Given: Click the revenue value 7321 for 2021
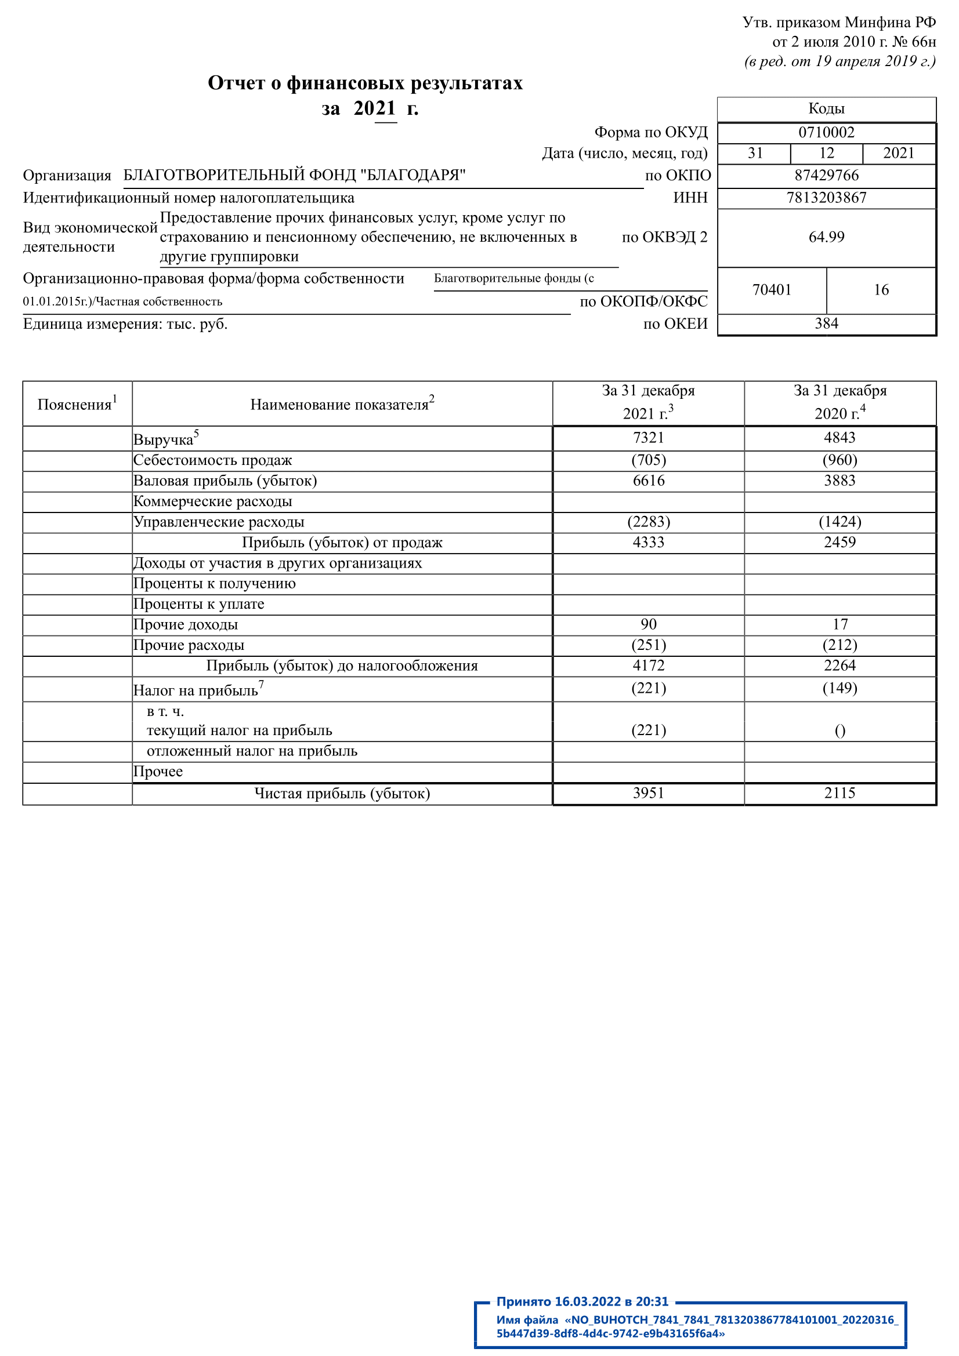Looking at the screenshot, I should pyautogui.click(x=648, y=438).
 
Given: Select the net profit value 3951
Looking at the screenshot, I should pyautogui.click(x=648, y=792).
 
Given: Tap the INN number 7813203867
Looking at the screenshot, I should pyautogui.click(x=826, y=198).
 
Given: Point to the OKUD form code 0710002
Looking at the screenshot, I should pyautogui.click(x=826, y=132).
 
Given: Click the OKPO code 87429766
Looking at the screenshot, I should pyautogui.click(x=826, y=176).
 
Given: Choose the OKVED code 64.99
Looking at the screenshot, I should pyautogui.click(x=826, y=237).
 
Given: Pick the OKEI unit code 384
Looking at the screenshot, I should pyautogui.click(x=826, y=323).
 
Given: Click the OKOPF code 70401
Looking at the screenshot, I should pyautogui.click(x=771, y=290).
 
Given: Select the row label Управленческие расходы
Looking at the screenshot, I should pyautogui.click(x=219, y=522).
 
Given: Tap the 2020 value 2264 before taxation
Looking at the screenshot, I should pyautogui.click(x=839, y=666).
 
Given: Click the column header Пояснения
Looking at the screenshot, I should pyautogui.click(x=77, y=404).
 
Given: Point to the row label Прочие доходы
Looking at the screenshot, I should pyautogui.click(x=186, y=625).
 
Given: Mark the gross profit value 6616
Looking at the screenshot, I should pyautogui.click(x=648, y=481).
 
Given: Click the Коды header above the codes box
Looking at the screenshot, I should pyautogui.click(x=826, y=108).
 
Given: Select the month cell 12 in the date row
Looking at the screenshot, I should pyautogui.click(x=826, y=154).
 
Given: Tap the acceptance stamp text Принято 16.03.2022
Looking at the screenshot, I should pyautogui.click(x=581, y=1302).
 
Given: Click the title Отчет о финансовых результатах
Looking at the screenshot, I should pyautogui.click(x=365, y=83).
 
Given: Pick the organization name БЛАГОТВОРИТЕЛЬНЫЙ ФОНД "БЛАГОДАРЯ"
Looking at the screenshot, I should pyautogui.click(x=294, y=176).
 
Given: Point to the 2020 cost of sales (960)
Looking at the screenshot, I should pyautogui.click(x=839, y=460).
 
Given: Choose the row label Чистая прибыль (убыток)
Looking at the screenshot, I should pyautogui.click(x=342, y=793).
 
